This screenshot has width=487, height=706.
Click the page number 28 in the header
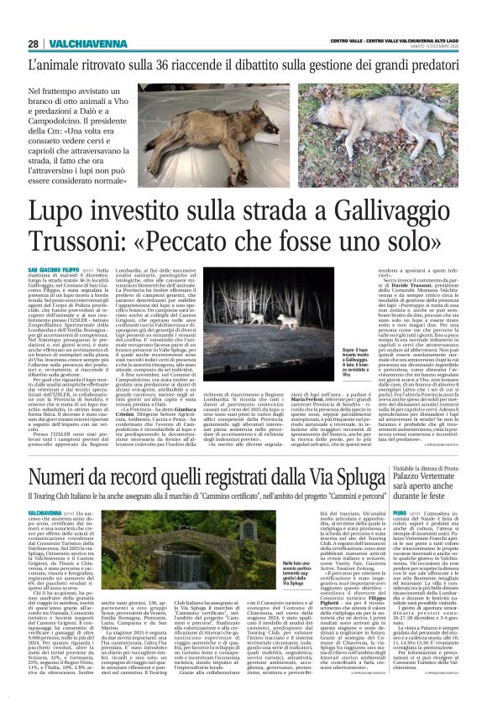33,44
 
